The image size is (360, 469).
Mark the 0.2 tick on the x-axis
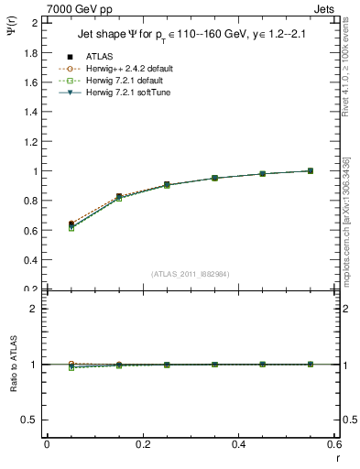(x=142, y=443)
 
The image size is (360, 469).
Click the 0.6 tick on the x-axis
(x=333, y=443)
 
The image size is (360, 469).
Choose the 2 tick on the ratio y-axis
(x=35, y=309)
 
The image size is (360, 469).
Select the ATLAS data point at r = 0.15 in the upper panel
(x=118, y=197)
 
